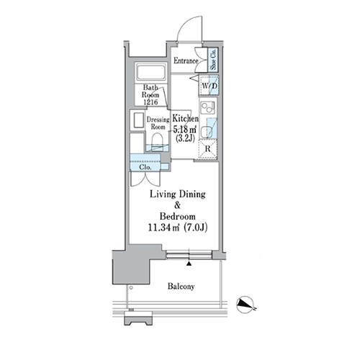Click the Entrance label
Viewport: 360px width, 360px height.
click(186, 60)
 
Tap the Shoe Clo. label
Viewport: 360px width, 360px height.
click(213, 59)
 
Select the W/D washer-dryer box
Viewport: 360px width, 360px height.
click(209, 86)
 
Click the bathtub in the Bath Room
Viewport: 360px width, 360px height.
click(151, 73)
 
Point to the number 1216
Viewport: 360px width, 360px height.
click(150, 102)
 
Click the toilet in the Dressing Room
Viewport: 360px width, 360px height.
click(158, 140)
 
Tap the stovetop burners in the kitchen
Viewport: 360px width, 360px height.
click(207, 107)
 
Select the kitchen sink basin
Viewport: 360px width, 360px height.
click(207, 132)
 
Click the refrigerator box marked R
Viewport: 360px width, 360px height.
click(207, 149)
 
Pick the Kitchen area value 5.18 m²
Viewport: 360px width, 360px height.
click(185, 130)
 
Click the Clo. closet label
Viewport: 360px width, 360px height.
click(145, 167)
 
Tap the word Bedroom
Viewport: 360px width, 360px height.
click(178, 216)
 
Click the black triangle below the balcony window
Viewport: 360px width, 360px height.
click(189, 264)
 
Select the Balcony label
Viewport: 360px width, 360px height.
click(181, 287)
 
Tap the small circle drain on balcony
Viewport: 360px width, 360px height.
click(131, 287)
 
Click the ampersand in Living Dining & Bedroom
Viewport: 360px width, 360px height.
click(178, 205)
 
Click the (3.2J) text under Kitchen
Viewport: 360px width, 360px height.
click(185, 138)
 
